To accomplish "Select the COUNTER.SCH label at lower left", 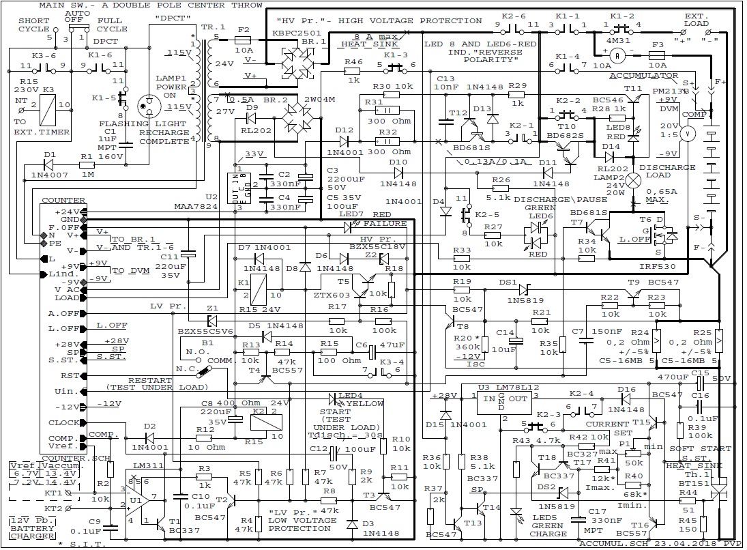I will [x=65, y=458].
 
